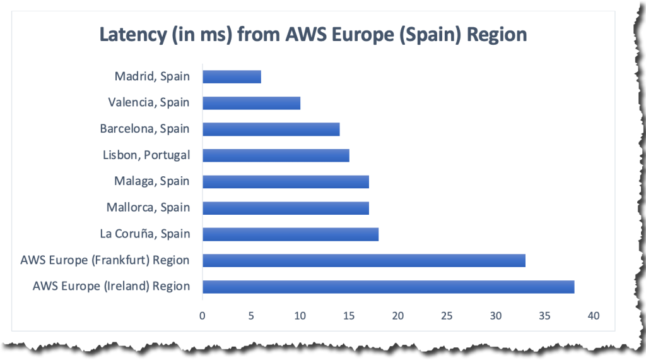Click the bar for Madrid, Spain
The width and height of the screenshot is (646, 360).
click(232, 76)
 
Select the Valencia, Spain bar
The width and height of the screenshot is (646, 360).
click(251, 103)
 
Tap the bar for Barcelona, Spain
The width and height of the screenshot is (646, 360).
click(271, 129)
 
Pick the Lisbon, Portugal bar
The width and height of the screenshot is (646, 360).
click(276, 155)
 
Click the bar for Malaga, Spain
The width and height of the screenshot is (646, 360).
click(285, 181)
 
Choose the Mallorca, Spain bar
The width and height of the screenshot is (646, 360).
click(285, 208)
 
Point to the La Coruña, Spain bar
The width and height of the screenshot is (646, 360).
click(290, 234)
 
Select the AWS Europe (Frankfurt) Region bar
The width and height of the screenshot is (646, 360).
click(363, 260)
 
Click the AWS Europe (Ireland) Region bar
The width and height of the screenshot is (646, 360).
click(388, 287)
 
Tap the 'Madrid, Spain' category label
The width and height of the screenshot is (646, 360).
click(152, 76)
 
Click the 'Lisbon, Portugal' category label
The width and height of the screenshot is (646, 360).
click(146, 155)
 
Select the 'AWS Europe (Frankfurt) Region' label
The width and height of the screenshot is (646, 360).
click(105, 260)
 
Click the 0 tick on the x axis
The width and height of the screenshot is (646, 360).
click(202, 315)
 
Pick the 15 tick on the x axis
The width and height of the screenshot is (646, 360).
click(348, 315)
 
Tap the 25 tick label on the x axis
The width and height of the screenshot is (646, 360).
click(446, 315)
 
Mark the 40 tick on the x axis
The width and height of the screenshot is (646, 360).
click(592, 315)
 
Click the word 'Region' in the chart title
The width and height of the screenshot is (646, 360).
click(496, 34)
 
